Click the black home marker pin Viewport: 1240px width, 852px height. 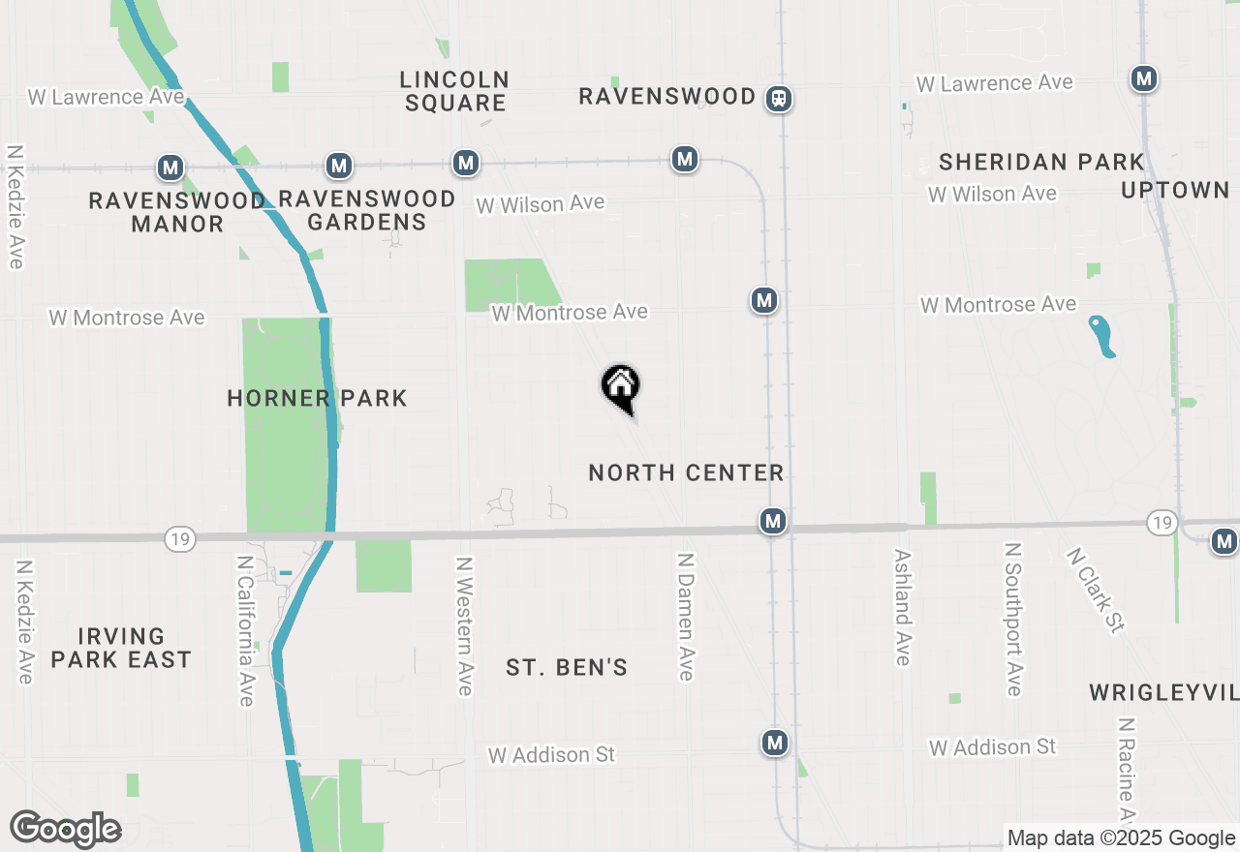620,388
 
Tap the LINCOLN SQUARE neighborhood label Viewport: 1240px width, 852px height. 455,91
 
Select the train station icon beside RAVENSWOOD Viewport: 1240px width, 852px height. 779,99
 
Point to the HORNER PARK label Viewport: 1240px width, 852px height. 317,398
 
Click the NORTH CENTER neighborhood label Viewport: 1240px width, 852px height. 686,472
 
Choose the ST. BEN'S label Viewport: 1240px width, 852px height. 567,667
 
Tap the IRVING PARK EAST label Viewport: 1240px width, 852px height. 121,648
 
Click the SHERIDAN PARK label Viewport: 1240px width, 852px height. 1041,162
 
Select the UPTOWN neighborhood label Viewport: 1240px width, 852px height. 1175,190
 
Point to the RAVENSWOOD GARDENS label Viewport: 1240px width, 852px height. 367,210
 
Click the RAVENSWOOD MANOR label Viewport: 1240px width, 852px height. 177,212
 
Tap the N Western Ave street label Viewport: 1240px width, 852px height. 465,625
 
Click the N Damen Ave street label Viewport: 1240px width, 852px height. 686,617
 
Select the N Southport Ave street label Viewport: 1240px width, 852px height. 1013,619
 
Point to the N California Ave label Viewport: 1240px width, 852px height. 246,629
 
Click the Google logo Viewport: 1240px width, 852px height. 65,829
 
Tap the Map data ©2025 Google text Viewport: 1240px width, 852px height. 1121,838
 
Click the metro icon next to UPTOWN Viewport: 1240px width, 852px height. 1144,78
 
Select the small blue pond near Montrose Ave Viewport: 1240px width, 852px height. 1102,336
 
